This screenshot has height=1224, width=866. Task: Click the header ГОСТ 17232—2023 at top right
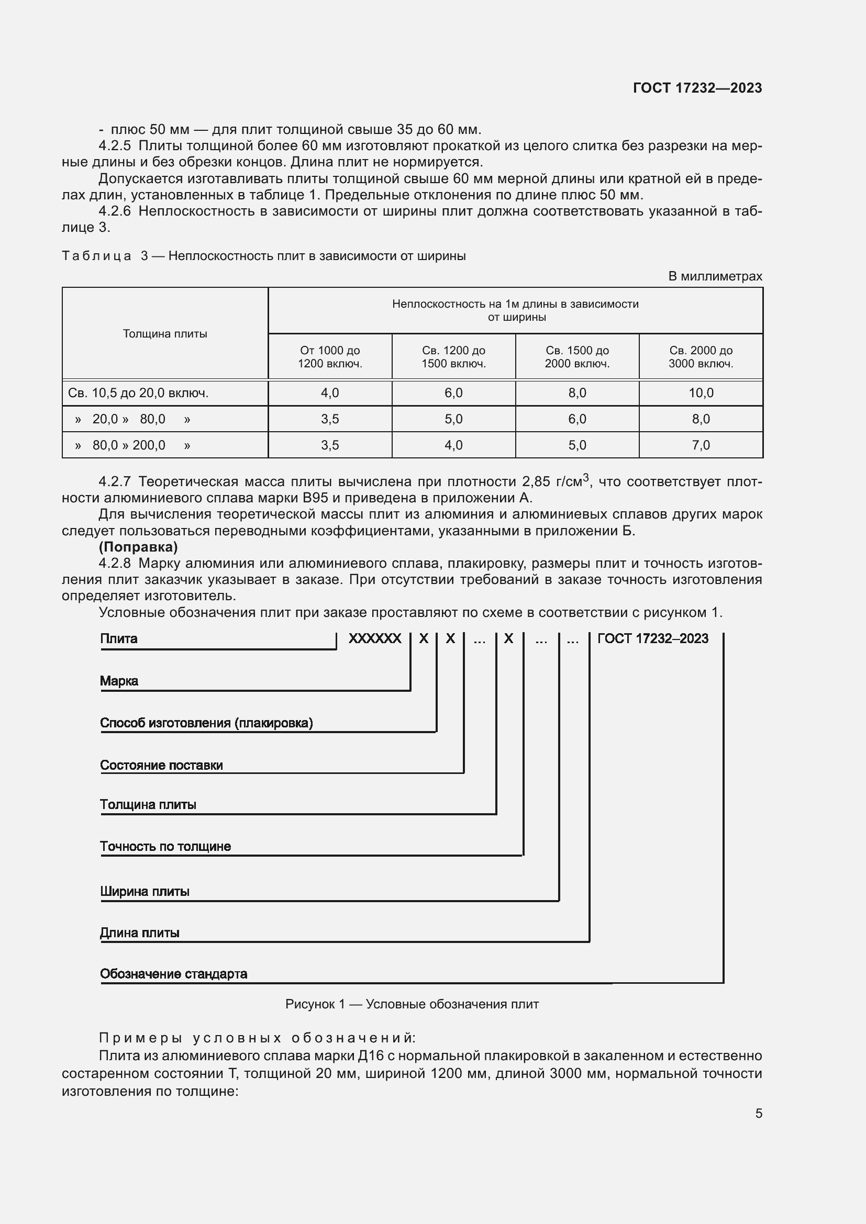click(x=697, y=88)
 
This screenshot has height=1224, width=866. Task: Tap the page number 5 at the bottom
click(x=758, y=1113)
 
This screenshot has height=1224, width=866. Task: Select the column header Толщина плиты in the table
click(x=165, y=334)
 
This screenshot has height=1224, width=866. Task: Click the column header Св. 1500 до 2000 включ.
click(x=577, y=357)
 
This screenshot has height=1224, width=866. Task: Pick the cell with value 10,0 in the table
click(x=700, y=393)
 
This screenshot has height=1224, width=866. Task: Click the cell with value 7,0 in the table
click(x=700, y=445)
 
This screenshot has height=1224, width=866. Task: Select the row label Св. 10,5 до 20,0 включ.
click(x=138, y=393)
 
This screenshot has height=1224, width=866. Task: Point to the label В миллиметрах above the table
click(x=715, y=276)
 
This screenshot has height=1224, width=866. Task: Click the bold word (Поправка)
click(x=138, y=546)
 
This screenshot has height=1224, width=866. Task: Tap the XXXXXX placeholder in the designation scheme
click(x=374, y=638)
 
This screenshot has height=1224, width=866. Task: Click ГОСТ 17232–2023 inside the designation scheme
click(x=653, y=638)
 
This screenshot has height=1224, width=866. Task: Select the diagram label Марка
click(x=119, y=681)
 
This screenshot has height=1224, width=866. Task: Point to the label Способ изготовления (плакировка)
click(x=206, y=723)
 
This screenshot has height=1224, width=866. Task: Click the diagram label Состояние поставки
click(x=162, y=765)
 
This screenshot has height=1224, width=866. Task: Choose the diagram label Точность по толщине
click(x=165, y=847)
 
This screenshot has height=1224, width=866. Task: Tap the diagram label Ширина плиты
click(x=145, y=891)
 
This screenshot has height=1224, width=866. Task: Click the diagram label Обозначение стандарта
click(x=173, y=974)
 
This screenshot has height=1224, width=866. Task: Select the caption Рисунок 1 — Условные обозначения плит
click(x=412, y=1004)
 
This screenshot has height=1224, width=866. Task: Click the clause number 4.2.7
click(x=115, y=482)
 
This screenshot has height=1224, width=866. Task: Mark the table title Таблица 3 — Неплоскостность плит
click(x=263, y=256)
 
